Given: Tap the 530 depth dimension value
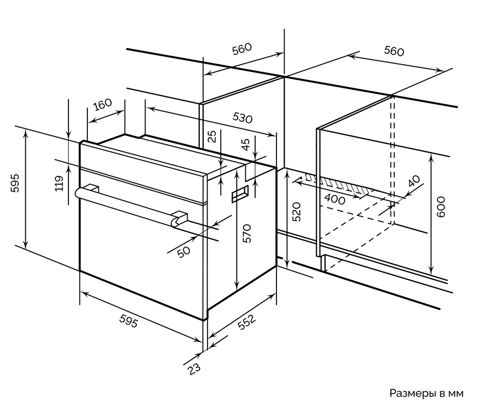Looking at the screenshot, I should (242, 118).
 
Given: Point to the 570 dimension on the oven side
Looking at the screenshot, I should (246, 233).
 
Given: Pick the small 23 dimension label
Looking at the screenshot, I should (194, 369).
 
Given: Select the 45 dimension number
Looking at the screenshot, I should (246, 144).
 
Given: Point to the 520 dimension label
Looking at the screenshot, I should (297, 212).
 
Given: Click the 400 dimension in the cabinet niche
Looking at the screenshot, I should (335, 199).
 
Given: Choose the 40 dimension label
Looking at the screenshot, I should (413, 182).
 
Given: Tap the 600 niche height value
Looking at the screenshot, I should (440, 206).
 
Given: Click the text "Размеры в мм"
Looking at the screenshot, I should (426, 393).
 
